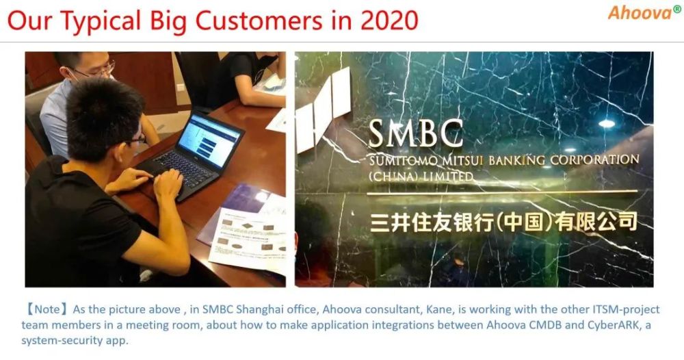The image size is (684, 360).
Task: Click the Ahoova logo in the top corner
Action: (x=640, y=12)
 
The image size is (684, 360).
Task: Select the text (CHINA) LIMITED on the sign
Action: (x=421, y=176)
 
